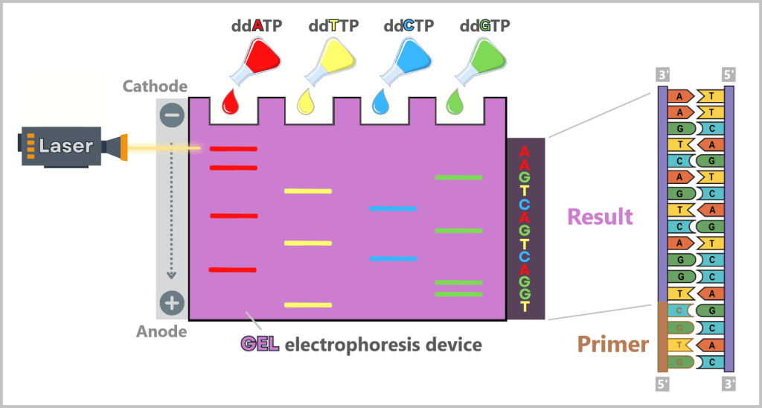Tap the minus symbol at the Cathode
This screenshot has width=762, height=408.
pyautogui.click(x=172, y=115)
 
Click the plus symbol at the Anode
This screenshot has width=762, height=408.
pyautogui.click(x=172, y=303)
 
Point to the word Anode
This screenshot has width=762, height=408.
pyautogui.click(x=161, y=331)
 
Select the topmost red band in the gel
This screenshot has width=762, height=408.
pyautogui.click(x=233, y=149)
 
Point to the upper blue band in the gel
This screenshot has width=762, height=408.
pyautogui.click(x=392, y=209)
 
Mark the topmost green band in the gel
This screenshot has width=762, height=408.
pyautogui.click(x=458, y=177)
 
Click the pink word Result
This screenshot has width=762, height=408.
pyautogui.click(x=600, y=217)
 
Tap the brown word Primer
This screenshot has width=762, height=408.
pyautogui.click(x=612, y=345)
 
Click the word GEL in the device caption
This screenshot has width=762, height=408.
pyautogui.click(x=260, y=345)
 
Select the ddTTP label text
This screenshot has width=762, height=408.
pyautogui.click(x=333, y=26)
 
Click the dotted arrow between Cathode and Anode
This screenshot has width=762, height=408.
pyautogui.click(x=172, y=208)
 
